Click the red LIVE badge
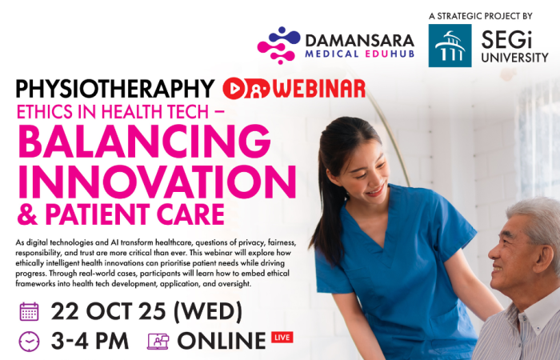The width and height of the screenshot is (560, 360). tap(282, 338)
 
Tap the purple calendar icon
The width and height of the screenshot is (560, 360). tap(30, 312)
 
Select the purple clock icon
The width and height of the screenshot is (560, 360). tap(30, 342)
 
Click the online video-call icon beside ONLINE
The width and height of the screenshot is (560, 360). tap(158, 342)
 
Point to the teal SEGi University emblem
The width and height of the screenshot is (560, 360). tap(450, 46)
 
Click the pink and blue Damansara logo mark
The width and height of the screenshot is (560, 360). tap(279, 46)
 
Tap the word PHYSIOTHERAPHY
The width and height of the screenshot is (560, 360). tap(115, 89)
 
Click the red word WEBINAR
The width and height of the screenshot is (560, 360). tap(319, 89)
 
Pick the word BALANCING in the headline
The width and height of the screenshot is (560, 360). tap(144, 142)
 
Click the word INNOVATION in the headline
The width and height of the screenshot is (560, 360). tap(157, 182)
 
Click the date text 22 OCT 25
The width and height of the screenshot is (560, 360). tap(108, 311)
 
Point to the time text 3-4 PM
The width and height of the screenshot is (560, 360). tap(90, 341)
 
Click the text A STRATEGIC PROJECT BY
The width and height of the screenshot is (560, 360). tap(481, 16)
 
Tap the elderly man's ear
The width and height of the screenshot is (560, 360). tap(543, 258)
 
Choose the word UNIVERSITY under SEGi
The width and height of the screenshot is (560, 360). tap(514, 58)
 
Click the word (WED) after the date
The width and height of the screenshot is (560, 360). tap(208, 311)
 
